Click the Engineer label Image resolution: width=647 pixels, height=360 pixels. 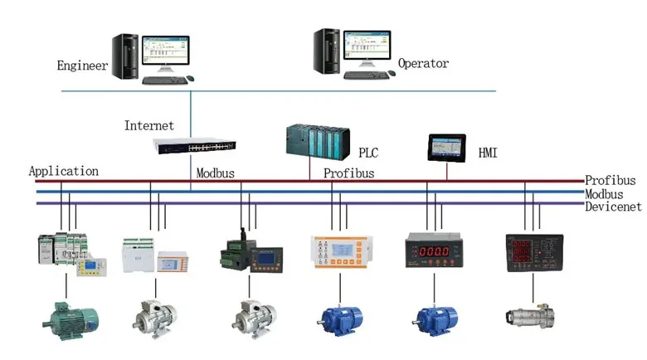82,65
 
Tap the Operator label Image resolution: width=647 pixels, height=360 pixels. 423,63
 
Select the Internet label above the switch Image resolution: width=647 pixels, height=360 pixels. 149,126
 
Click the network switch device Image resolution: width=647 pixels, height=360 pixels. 194,145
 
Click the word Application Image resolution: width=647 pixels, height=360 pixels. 64,172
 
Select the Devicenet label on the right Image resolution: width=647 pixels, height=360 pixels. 615,206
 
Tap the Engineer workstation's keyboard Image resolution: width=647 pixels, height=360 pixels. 163,80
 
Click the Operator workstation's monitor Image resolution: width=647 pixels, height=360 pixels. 366,48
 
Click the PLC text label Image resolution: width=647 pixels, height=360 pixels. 367,153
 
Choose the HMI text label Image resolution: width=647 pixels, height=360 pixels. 488,153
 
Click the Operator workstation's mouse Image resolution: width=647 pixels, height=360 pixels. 392,74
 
